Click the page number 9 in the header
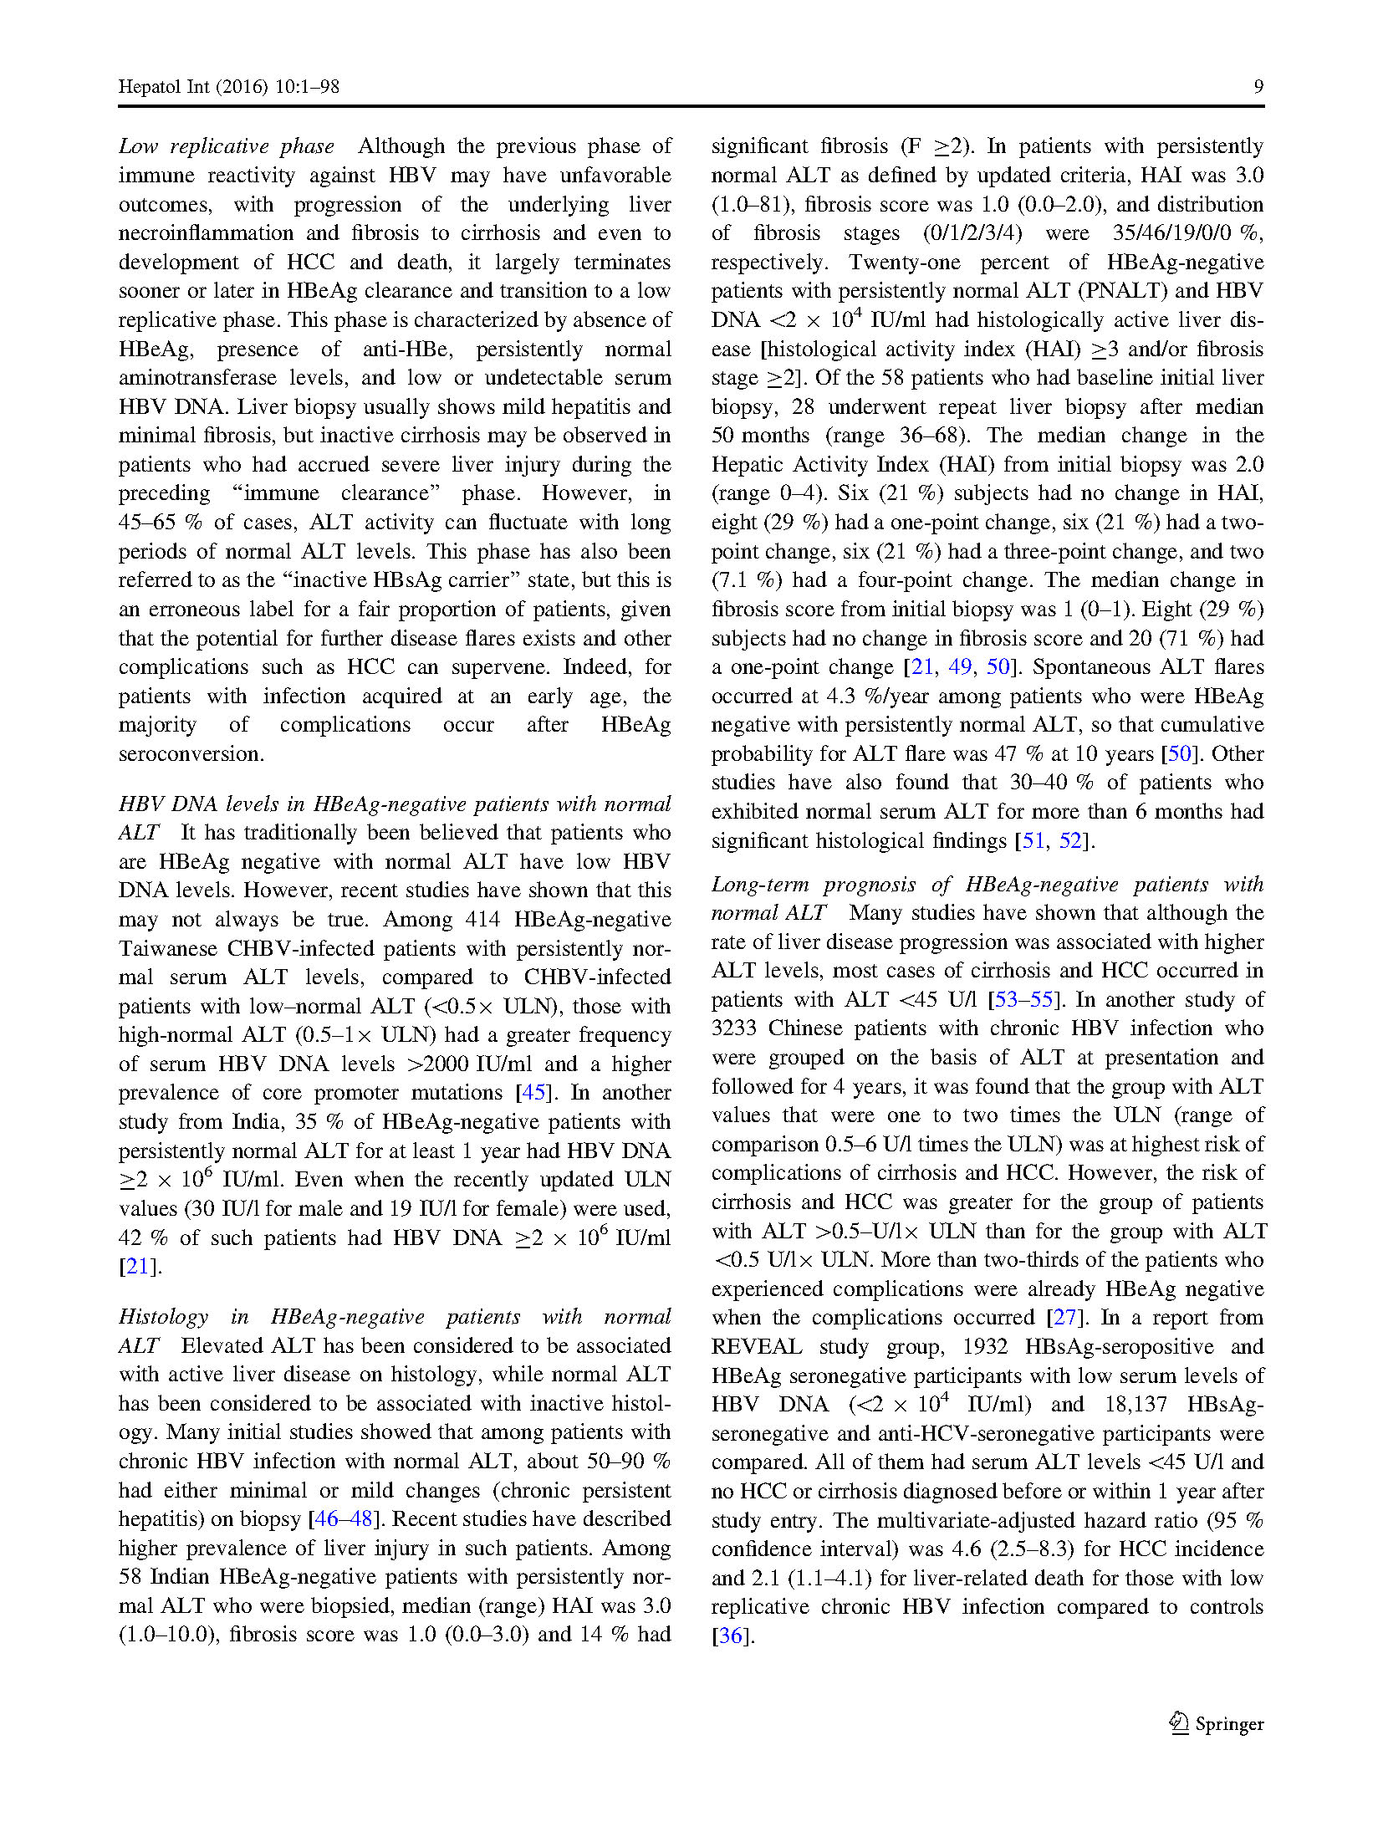point(1258,87)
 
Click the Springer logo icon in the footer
point(1179,1722)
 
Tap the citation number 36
point(731,1635)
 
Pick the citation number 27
point(1064,1318)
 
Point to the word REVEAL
point(756,1347)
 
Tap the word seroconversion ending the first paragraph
point(191,754)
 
